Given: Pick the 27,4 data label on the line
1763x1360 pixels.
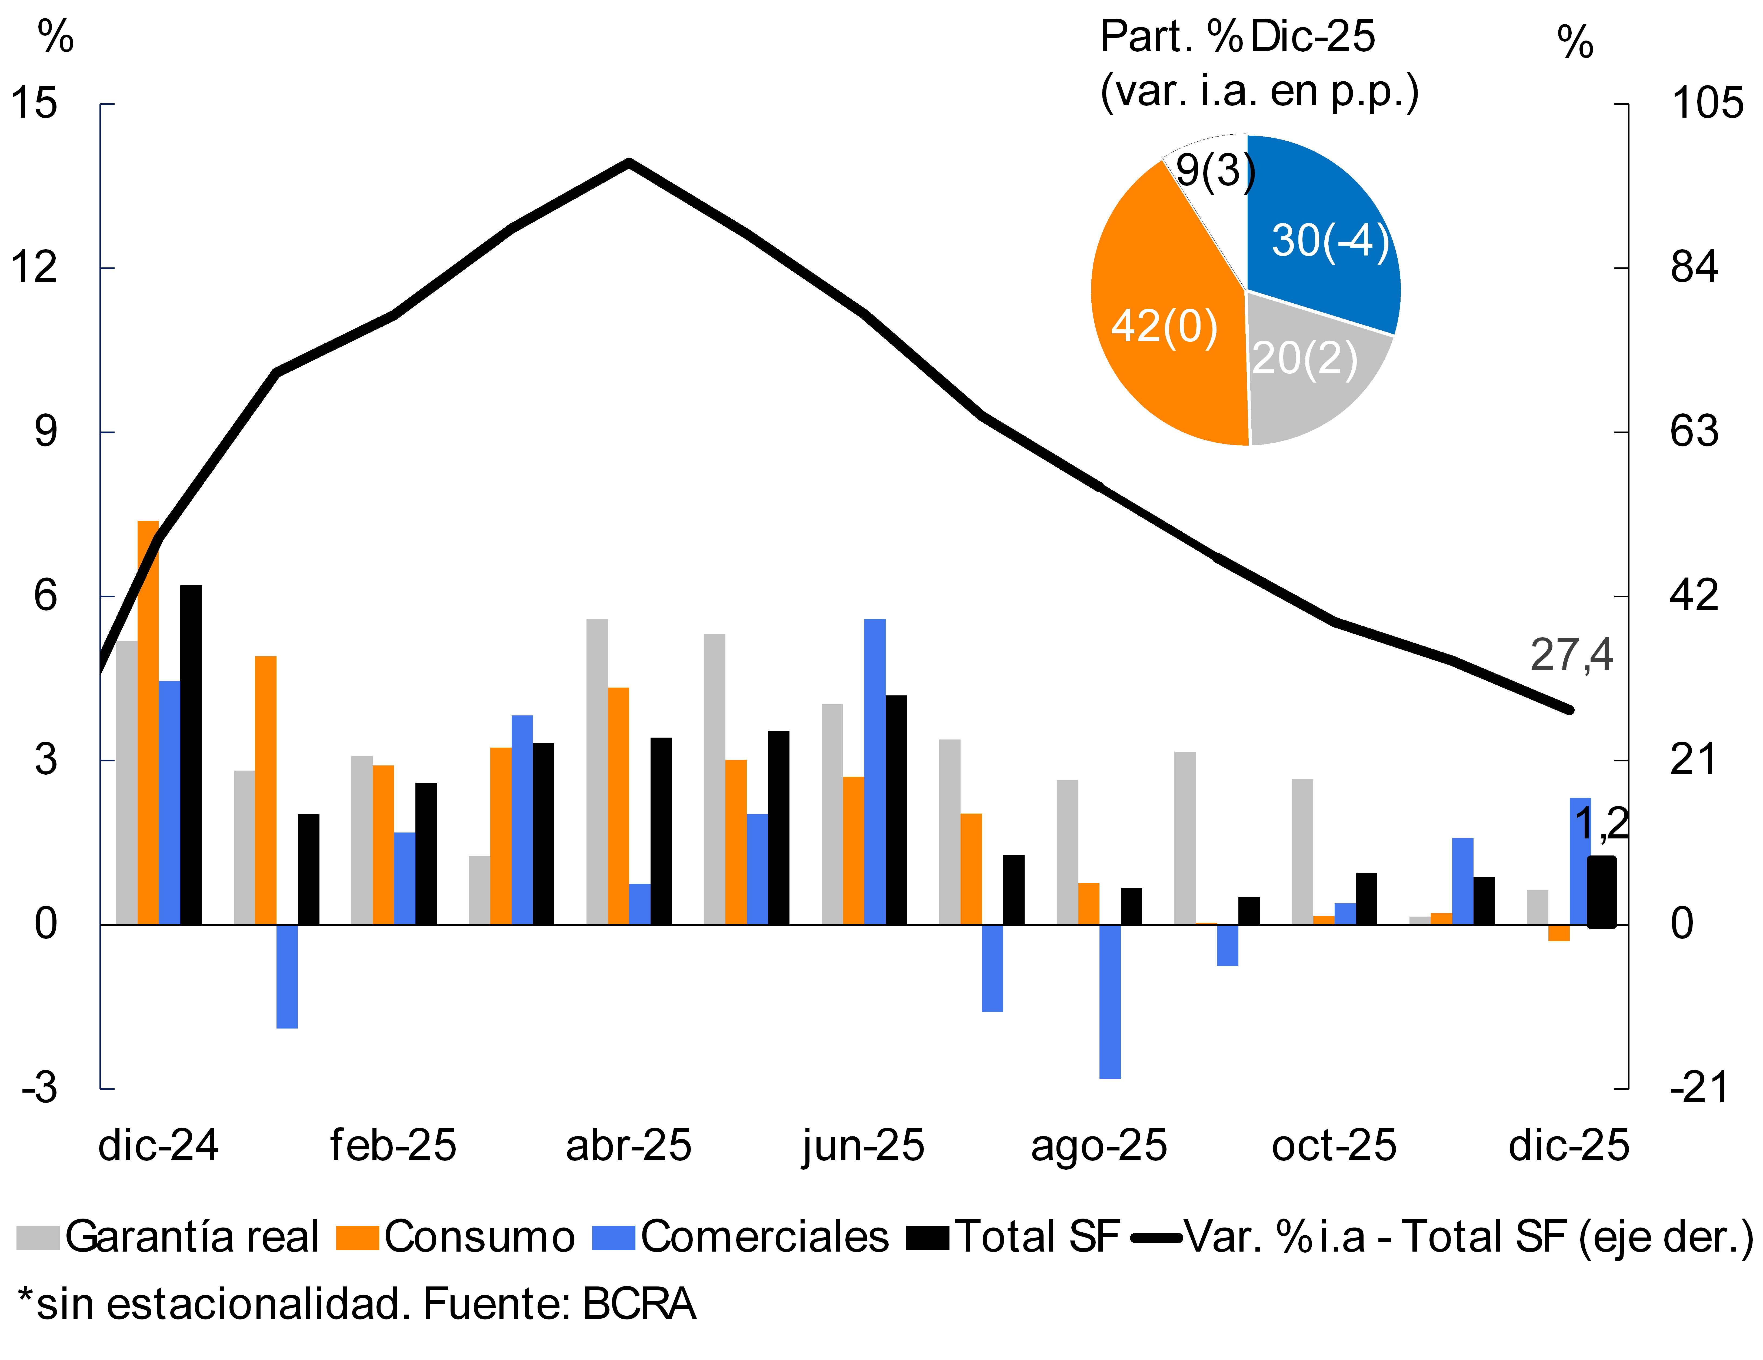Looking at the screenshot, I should (x=1571, y=655).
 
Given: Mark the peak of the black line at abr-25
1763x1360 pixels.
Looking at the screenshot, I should (x=629, y=162).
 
